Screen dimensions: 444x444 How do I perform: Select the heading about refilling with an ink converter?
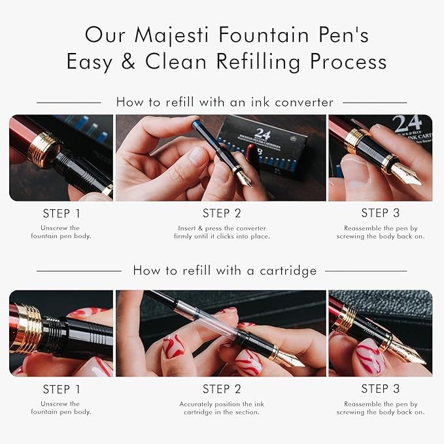click(x=224, y=102)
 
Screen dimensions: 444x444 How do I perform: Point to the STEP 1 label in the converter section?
click(x=61, y=213)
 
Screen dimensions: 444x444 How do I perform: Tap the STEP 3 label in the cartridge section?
click(x=380, y=389)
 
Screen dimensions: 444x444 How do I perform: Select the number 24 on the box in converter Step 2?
click(x=262, y=133)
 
